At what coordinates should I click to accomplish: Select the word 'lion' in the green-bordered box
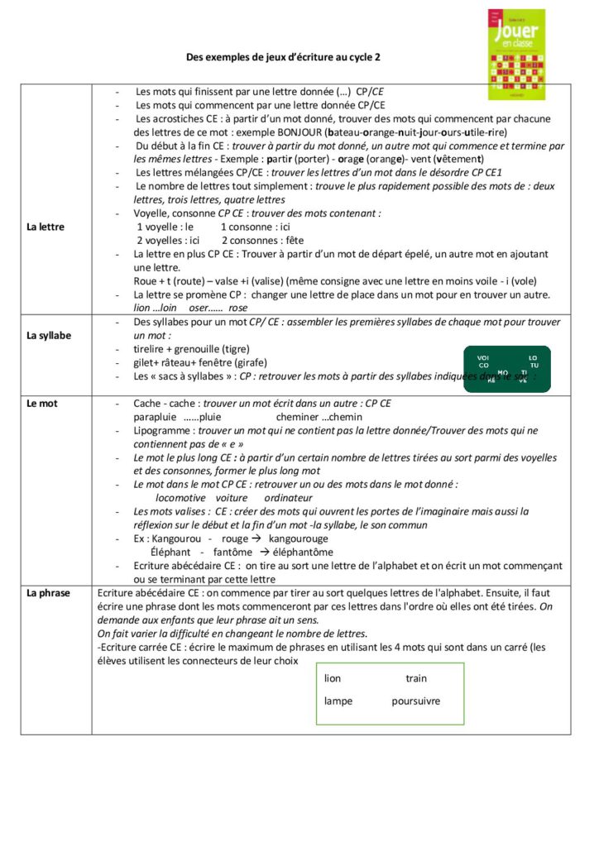[x=333, y=679]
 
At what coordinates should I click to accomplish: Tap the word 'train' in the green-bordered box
[x=416, y=679]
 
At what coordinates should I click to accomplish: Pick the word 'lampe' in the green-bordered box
[x=338, y=701]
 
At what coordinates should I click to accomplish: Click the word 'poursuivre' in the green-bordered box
[x=415, y=701]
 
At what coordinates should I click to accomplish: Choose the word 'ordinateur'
[x=288, y=498]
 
